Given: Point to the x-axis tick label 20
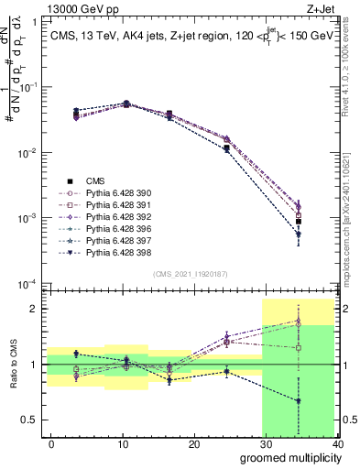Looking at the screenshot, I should tap(193, 443).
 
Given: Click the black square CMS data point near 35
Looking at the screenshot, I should tap(299, 222).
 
